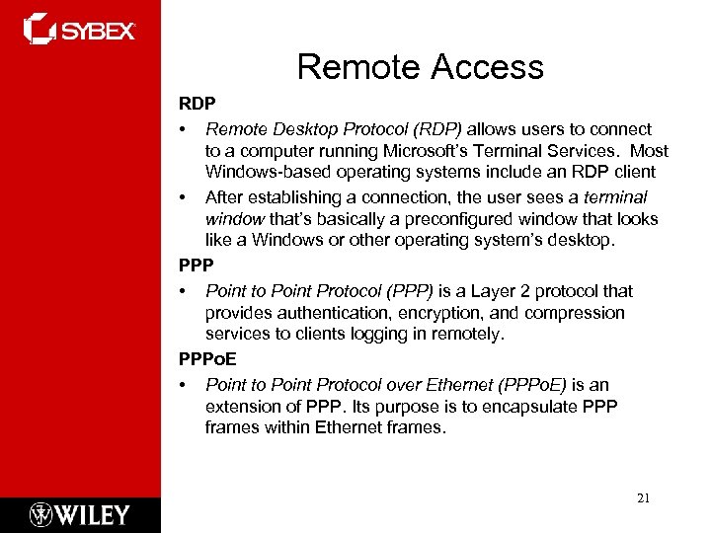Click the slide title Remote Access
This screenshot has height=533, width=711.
pyautogui.click(x=420, y=67)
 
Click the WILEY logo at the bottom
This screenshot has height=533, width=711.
pyautogui.click(x=80, y=514)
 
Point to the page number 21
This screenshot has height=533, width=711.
pyautogui.click(x=644, y=498)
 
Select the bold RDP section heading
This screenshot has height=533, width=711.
pyautogui.click(x=196, y=104)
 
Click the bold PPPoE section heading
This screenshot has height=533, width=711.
pyautogui.click(x=206, y=360)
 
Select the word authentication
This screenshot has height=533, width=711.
pyautogui.click(x=321, y=313)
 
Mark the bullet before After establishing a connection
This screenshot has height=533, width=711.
pyautogui.click(x=183, y=196)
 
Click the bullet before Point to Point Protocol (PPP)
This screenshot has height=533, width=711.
pyautogui.click(x=183, y=291)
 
